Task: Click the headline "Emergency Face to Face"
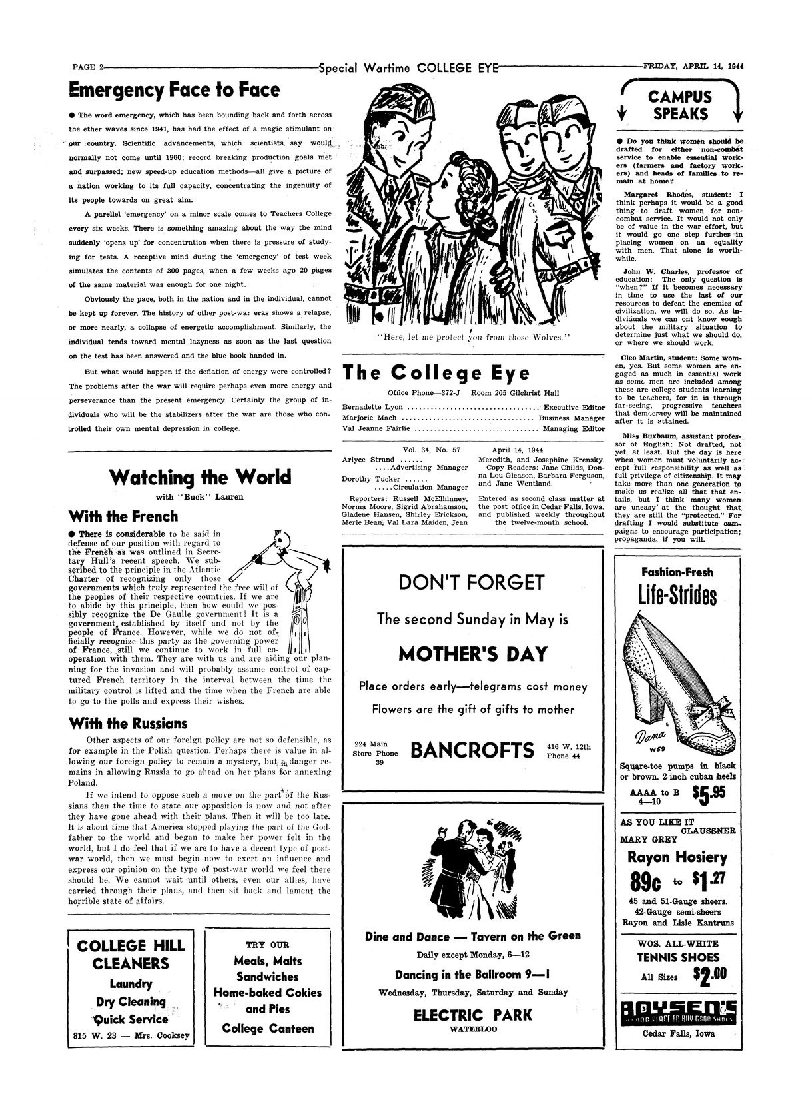click(175, 91)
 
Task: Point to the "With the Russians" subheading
click(128, 723)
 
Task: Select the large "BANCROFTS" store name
click(472, 750)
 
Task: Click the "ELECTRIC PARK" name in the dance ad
click(472, 1015)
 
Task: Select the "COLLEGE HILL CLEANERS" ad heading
click(131, 955)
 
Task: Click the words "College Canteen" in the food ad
click(268, 1028)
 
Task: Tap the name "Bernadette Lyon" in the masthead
click(372, 407)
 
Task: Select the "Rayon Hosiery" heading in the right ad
click(677, 858)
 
